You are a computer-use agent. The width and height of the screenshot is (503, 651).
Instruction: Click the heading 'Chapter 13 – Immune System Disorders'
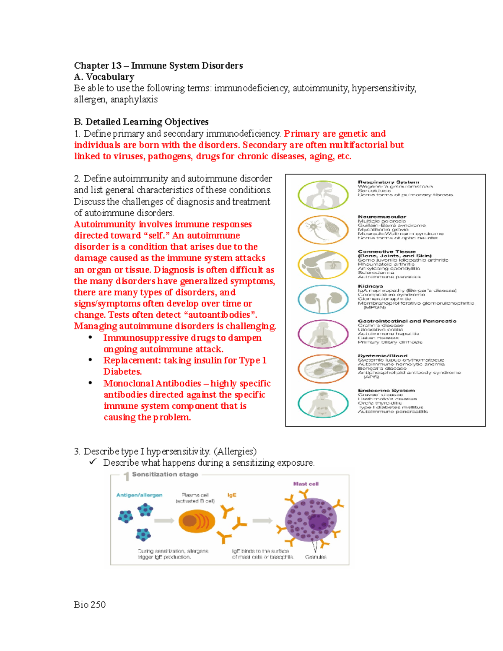tap(158, 66)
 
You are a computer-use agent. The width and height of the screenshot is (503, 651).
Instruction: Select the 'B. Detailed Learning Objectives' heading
tap(141, 122)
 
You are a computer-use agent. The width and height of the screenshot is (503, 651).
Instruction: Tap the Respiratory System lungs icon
tap(323, 195)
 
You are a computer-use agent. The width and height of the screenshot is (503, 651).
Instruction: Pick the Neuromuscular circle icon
tap(323, 230)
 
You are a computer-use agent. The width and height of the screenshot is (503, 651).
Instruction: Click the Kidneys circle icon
tap(323, 299)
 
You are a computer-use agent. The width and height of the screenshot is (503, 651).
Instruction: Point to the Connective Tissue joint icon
tap(323, 265)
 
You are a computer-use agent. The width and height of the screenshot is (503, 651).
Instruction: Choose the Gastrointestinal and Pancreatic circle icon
tap(323, 334)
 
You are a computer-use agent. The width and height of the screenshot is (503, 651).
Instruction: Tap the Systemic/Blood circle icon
tap(323, 369)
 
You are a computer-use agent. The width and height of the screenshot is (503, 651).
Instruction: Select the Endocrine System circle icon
tap(323, 404)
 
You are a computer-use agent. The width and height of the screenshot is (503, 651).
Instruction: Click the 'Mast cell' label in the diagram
tap(306, 484)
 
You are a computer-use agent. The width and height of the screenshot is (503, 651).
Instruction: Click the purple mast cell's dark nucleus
tap(318, 522)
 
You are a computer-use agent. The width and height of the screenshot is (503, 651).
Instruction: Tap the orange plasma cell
tap(197, 521)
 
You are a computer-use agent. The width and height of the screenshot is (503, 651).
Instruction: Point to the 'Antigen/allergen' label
tap(139, 495)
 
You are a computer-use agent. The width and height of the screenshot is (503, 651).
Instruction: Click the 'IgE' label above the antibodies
tap(232, 495)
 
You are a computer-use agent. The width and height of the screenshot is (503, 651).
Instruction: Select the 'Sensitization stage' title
tap(165, 475)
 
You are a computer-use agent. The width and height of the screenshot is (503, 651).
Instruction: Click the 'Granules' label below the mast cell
tap(316, 557)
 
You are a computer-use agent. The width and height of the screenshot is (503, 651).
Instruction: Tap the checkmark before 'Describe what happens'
tap(93, 462)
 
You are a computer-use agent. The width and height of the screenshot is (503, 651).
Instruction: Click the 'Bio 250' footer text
tap(90, 604)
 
